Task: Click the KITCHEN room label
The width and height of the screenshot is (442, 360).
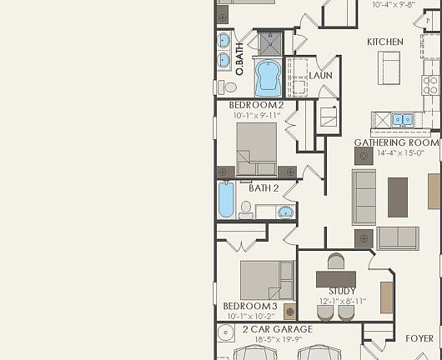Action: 384,42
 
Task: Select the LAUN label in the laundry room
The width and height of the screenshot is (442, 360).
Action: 321,76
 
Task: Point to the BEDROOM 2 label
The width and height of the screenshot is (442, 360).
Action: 256,105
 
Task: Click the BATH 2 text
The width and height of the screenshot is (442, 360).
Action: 264,187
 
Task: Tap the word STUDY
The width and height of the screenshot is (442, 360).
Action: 342,291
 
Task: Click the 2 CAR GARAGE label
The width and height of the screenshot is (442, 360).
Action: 277,330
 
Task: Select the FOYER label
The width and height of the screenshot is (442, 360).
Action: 419,338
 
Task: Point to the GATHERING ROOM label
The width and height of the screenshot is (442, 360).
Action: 396,142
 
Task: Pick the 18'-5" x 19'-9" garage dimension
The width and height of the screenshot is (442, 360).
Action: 277,340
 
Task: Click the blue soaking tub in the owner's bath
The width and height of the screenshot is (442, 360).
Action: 268,77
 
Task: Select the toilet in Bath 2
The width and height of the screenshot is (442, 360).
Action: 246,210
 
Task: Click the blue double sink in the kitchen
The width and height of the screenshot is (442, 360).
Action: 402,120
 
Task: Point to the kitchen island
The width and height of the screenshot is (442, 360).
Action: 389,63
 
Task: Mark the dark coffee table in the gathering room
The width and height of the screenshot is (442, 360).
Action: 398,197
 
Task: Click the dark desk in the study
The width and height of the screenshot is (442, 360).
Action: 335,278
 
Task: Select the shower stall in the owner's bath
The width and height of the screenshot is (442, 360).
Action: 270,42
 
